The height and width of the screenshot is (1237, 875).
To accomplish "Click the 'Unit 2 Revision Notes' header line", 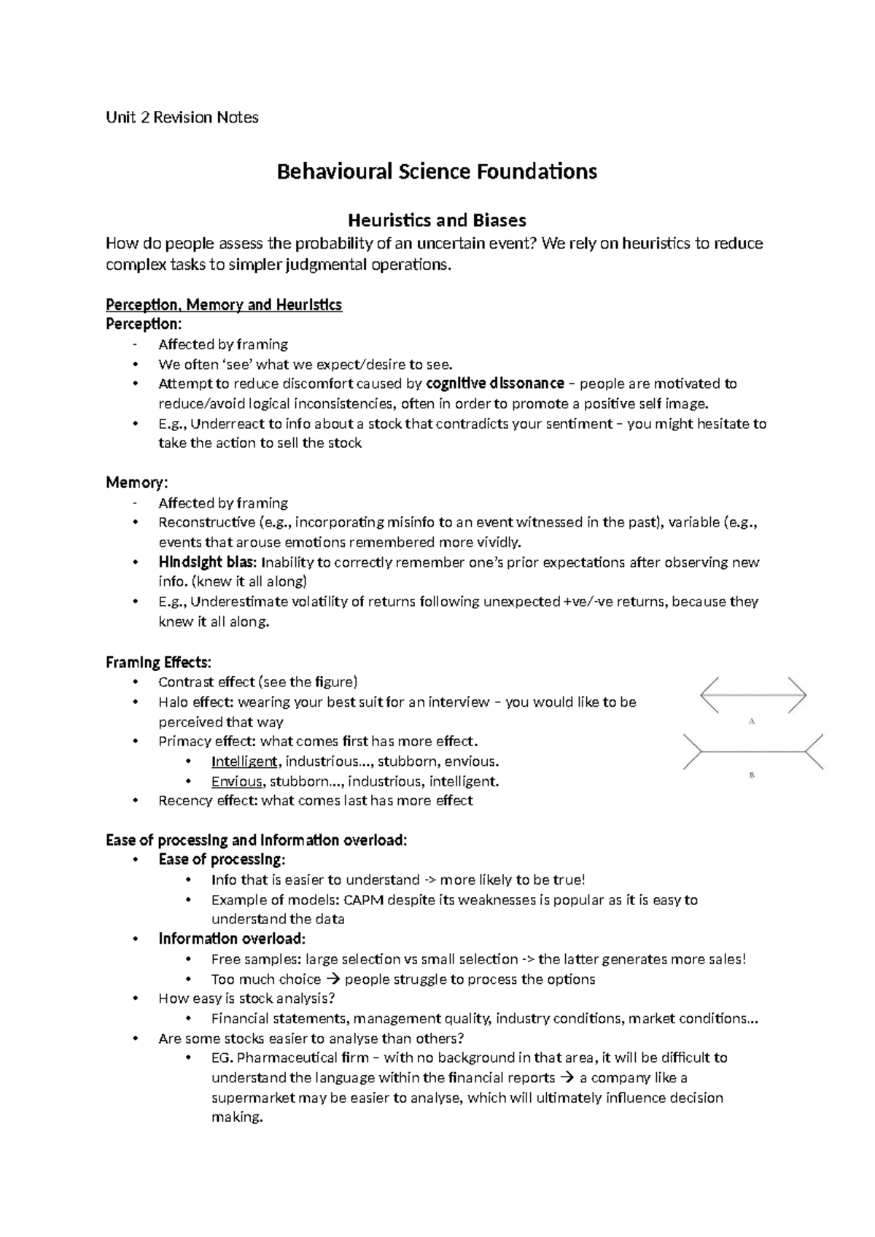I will click(x=182, y=117).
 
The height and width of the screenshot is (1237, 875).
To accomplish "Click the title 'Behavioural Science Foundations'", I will click(x=437, y=172).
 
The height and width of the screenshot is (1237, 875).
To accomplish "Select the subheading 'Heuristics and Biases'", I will click(x=437, y=220).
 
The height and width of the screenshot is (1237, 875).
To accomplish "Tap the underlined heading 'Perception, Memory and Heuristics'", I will click(x=224, y=305).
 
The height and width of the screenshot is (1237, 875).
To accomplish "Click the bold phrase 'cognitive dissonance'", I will click(x=494, y=384).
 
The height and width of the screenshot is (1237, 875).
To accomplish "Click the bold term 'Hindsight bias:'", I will click(x=207, y=562).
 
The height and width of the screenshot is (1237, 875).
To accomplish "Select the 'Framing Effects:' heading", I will click(x=158, y=662).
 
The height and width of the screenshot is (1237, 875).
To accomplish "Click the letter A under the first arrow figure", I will click(x=752, y=721).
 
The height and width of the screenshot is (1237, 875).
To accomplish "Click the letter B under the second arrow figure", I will click(x=752, y=775).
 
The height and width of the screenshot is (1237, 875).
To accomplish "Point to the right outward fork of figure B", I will click(x=815, y=751).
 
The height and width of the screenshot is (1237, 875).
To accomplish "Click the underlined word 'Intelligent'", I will click(x=244, y=761).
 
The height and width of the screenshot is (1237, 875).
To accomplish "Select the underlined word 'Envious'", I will click(x=237, y=781).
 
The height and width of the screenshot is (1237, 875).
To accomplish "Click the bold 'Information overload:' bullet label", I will click(x=232, y=939).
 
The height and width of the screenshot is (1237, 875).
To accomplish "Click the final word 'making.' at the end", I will click(x=236, y=1117).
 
